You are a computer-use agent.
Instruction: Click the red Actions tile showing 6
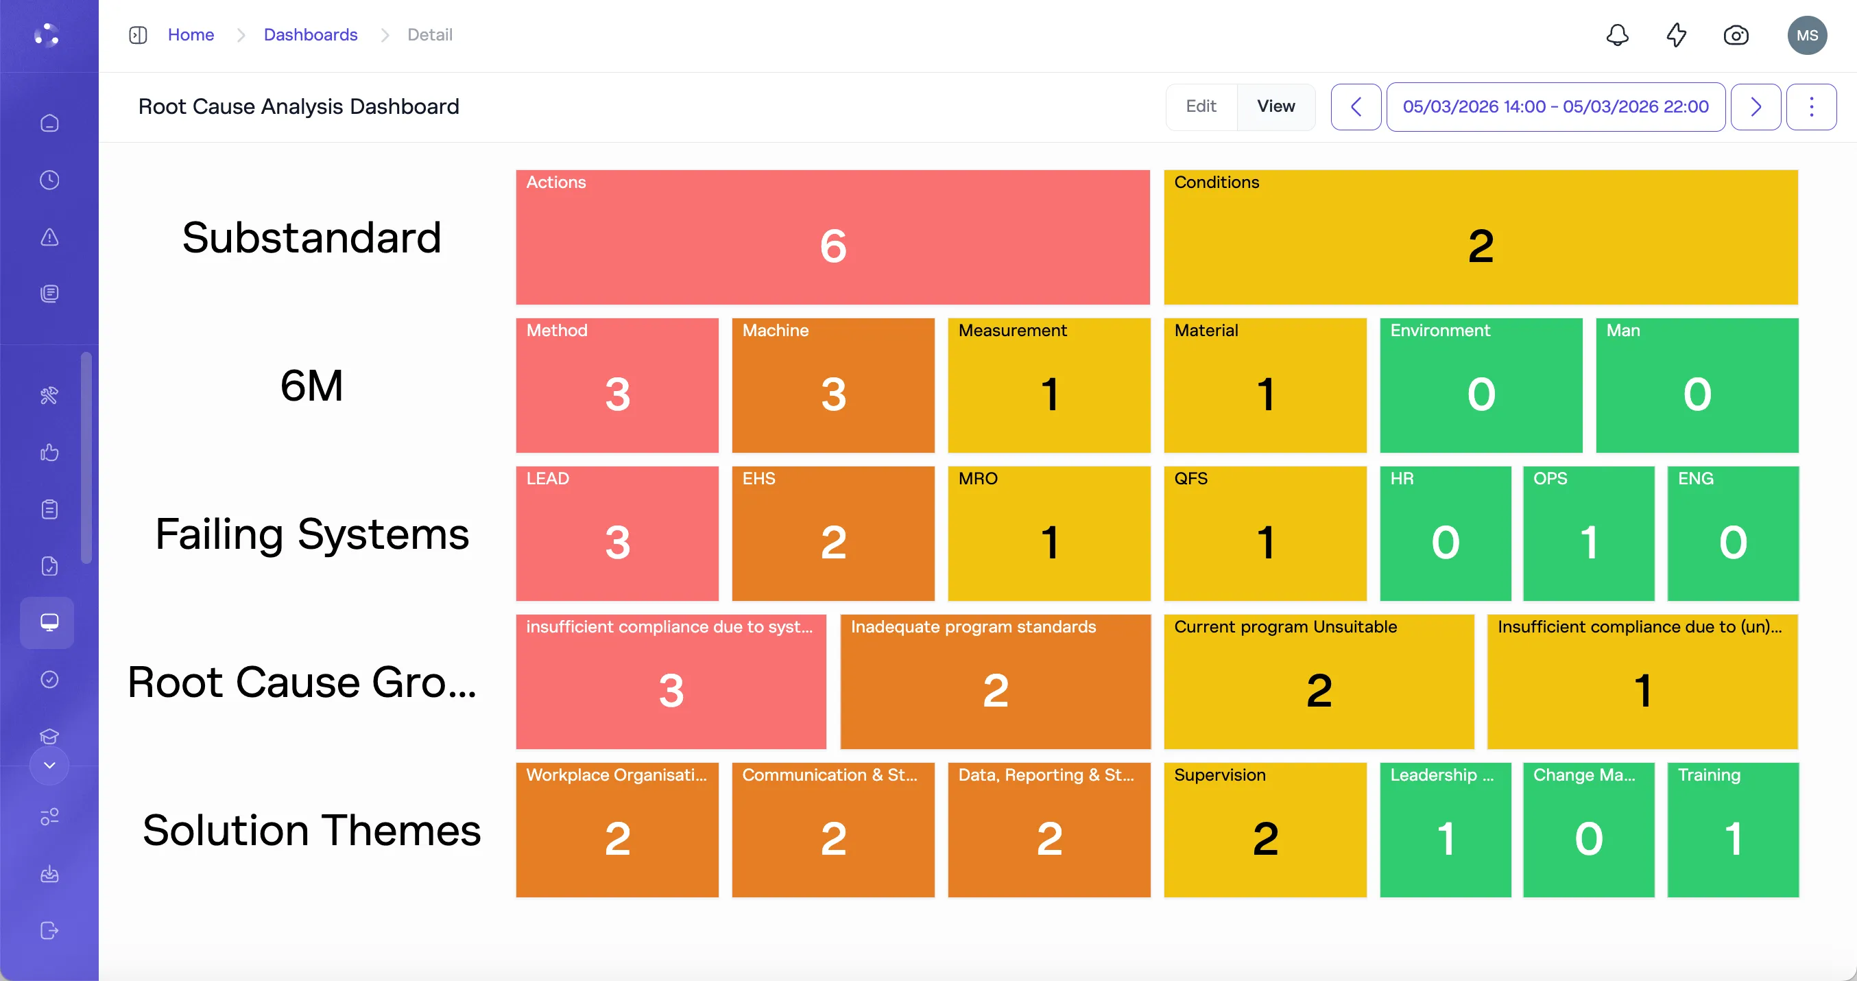[832, 237]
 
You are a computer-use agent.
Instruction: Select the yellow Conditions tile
[1480, 237]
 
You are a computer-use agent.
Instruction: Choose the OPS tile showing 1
[1588, 534]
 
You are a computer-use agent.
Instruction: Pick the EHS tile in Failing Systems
[832, 534]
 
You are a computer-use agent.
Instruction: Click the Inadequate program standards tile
[995, 682]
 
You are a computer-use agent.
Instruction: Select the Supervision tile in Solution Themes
[1265, 829]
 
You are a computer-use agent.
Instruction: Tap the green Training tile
[1732, 829]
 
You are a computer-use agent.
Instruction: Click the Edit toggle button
[1201, 107]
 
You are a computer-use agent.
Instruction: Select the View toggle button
[1276, 107]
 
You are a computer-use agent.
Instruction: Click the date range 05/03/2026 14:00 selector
[1555, 107]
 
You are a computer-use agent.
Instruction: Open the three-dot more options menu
[1811, 107]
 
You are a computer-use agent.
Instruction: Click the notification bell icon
[1617, 34]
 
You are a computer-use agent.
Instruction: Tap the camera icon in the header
[1735, 34]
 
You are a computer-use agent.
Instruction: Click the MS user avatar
[1806, 34]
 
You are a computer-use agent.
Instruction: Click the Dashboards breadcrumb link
[310, 34]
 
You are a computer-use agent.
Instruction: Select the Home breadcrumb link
[191, 34]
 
